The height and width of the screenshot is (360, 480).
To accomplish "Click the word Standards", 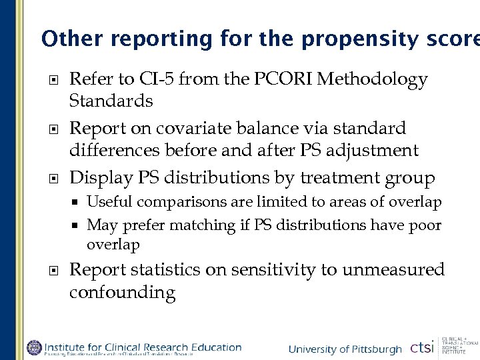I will point(111,101).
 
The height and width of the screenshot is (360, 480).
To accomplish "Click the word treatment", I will point(343,178).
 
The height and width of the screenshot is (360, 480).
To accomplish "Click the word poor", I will point(424,225).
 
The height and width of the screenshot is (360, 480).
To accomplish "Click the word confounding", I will point(123,293).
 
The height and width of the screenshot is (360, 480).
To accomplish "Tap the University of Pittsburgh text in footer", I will point(345,349).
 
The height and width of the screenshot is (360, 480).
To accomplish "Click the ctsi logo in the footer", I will point(421,348).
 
